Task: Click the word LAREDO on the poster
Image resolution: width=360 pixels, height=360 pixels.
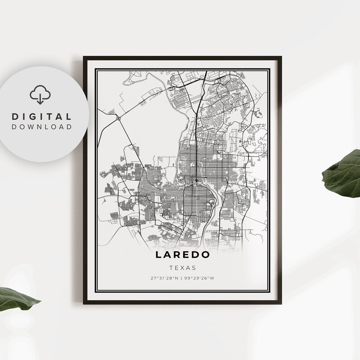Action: [x=183, y=255]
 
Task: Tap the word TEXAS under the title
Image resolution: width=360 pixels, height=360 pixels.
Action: [x=183, y=267]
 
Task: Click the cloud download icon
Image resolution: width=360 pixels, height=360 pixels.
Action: [x=38, y=95]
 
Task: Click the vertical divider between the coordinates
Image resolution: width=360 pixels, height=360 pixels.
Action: [x=182, y=278]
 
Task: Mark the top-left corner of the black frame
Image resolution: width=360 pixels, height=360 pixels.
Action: [x=84, y=56]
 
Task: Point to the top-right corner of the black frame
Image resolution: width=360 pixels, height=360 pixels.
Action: [x=281, y=56]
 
